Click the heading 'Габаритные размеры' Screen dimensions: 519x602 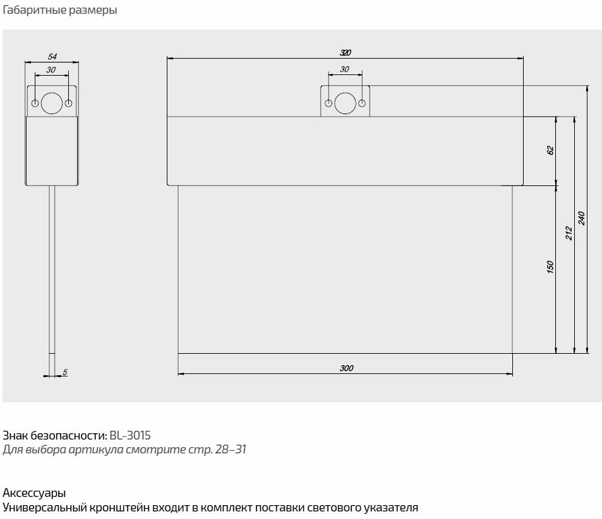click(x=59, y=11)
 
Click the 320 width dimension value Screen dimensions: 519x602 click(x=345, y=52)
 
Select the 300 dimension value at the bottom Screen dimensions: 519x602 click(x=346, y=368)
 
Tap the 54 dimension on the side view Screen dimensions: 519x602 click(x=52, y=57)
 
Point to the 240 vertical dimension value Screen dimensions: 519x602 click(x=582, y=218)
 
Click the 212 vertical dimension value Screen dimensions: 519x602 click(x=569, y=233)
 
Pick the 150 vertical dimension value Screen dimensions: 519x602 click(x=550, y=267)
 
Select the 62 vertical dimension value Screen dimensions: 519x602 click(x=550, y=151)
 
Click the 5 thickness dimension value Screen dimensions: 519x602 click(x=65, y=373)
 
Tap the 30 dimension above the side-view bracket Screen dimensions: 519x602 click(x=51, y=70)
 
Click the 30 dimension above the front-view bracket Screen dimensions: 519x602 click(x=344, y=69)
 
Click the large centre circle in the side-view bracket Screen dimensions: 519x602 click(x=51, y=102)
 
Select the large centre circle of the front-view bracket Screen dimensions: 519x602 click(x=344, y=103)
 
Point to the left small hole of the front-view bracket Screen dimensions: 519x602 click(x=328, y=103)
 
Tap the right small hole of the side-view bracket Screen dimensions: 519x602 click(x=68, y=102)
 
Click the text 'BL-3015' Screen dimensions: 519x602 click(x=130, y=435)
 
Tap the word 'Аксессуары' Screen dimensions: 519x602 click(x=34, y=493)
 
